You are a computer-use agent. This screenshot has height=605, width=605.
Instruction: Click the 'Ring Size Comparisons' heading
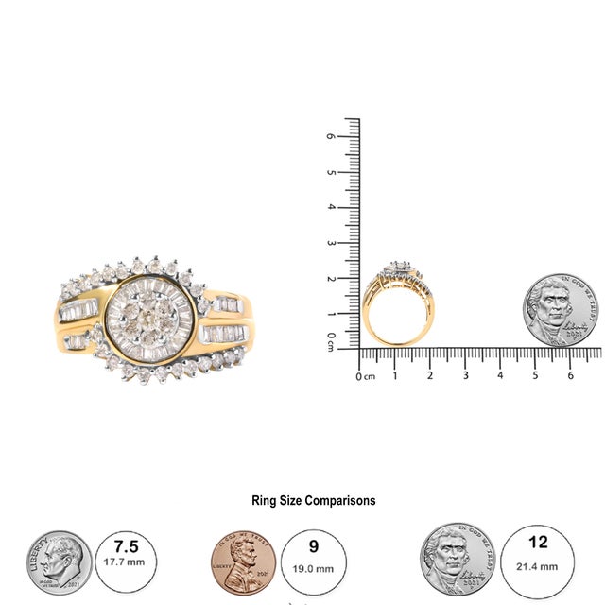(x=313, y=501)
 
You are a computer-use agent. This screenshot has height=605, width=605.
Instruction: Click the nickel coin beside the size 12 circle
(x=458, y=560)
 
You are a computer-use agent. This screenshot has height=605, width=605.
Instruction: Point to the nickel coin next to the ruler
(x=561, y=311)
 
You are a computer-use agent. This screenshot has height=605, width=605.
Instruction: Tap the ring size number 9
(x=313, y=547)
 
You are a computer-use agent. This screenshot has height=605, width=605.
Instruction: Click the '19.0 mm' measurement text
(x=313, y=569)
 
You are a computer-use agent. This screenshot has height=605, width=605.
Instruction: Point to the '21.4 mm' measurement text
(x=539, y=567)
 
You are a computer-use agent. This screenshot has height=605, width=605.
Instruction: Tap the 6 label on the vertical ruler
(x=330, y=136)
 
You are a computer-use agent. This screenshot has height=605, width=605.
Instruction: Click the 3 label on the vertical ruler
(x=330, y=243)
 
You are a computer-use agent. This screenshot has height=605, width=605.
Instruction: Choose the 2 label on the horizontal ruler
(x=430, y=375)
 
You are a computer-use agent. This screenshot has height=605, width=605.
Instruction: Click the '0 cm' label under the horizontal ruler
(x=365, y=376)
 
